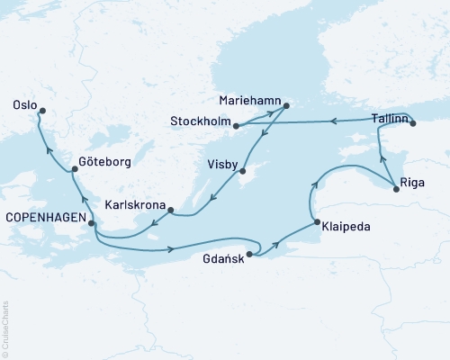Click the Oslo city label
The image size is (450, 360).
point(24,104)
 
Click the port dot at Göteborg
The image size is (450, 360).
point(74,169)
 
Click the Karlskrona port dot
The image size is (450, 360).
point(170,213)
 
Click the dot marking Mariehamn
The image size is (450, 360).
point(285,106)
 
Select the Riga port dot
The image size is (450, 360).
point(395,187)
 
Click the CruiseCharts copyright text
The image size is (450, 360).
point(6,329)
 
